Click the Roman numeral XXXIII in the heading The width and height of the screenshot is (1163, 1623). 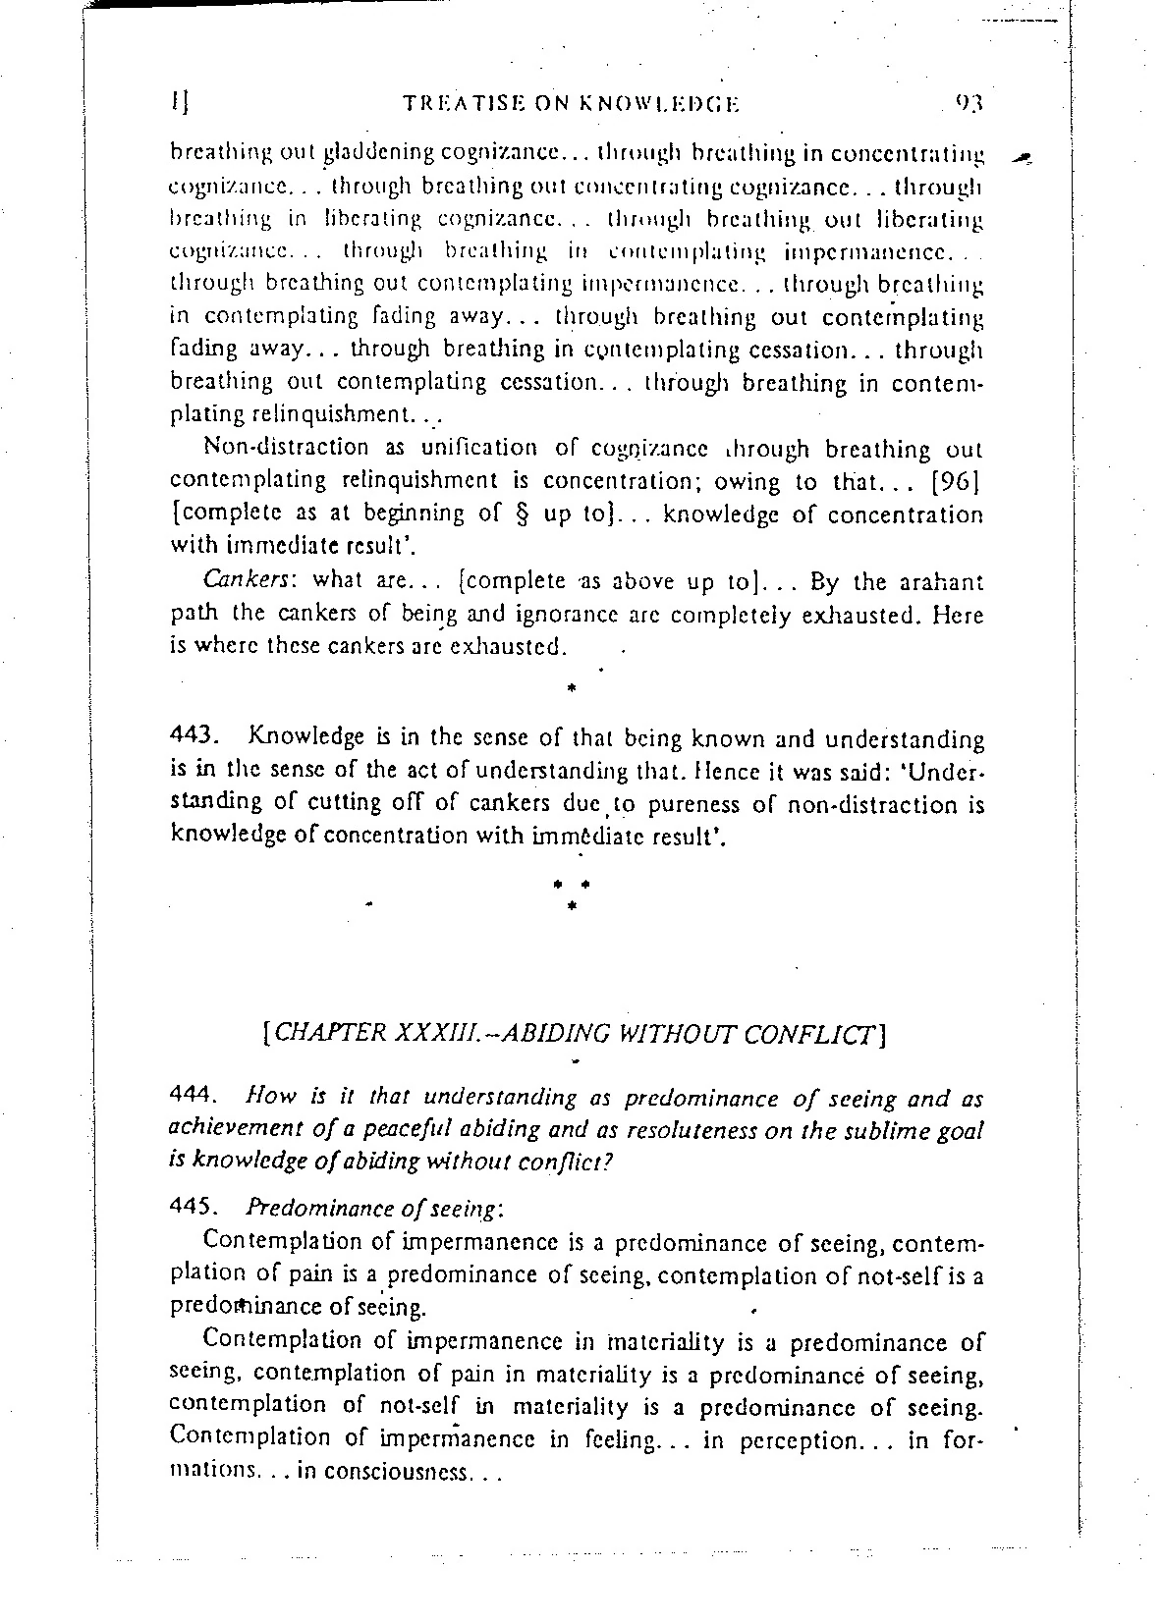(x=448, y=1032)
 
